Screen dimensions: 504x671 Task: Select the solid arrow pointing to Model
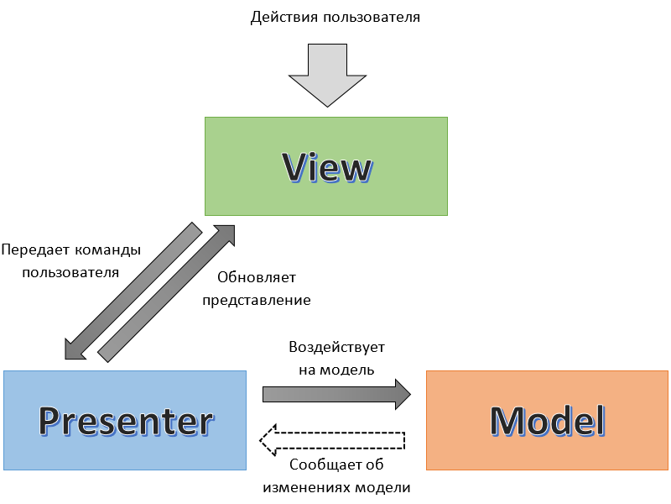pyautogui.click(x=335, y=394)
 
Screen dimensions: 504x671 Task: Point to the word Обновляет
pyautogui.click(x=256, y=277)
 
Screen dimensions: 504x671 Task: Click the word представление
pyautogui.click(x=256, y=300)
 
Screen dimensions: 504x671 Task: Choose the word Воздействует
pyautogui.click(x=336, y=347)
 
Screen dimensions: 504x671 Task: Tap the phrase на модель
pyautogui.click(x=336, y=369)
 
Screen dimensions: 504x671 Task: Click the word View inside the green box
pyautogui.click(x=326, y=167)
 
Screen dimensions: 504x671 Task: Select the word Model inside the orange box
pyautogui.click(x=547, y=419)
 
